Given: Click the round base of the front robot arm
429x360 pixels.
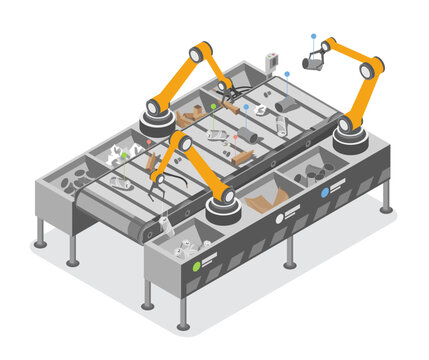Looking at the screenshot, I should [x=222, y=209].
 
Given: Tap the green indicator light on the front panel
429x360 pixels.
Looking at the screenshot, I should [x=197, y=265].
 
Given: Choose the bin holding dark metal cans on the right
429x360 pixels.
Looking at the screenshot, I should [x=319, y=171].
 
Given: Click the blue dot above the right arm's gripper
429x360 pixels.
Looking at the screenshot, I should [x=312, y=36].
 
